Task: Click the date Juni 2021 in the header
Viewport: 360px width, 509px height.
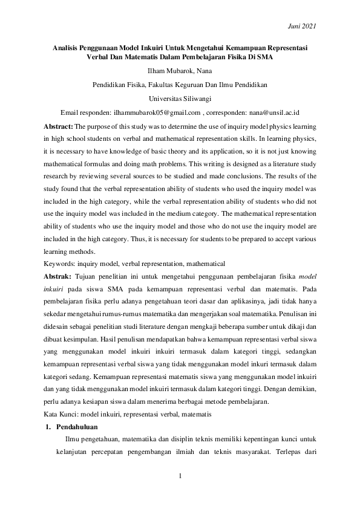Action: [x=301, y=26]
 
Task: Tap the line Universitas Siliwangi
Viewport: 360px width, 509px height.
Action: [x=180, y=99]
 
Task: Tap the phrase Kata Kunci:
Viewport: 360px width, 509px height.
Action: [x=64, y=414]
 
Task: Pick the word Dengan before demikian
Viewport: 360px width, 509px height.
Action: [x=257, y=389]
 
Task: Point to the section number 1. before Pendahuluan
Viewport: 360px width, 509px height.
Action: [x=49, y=427]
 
